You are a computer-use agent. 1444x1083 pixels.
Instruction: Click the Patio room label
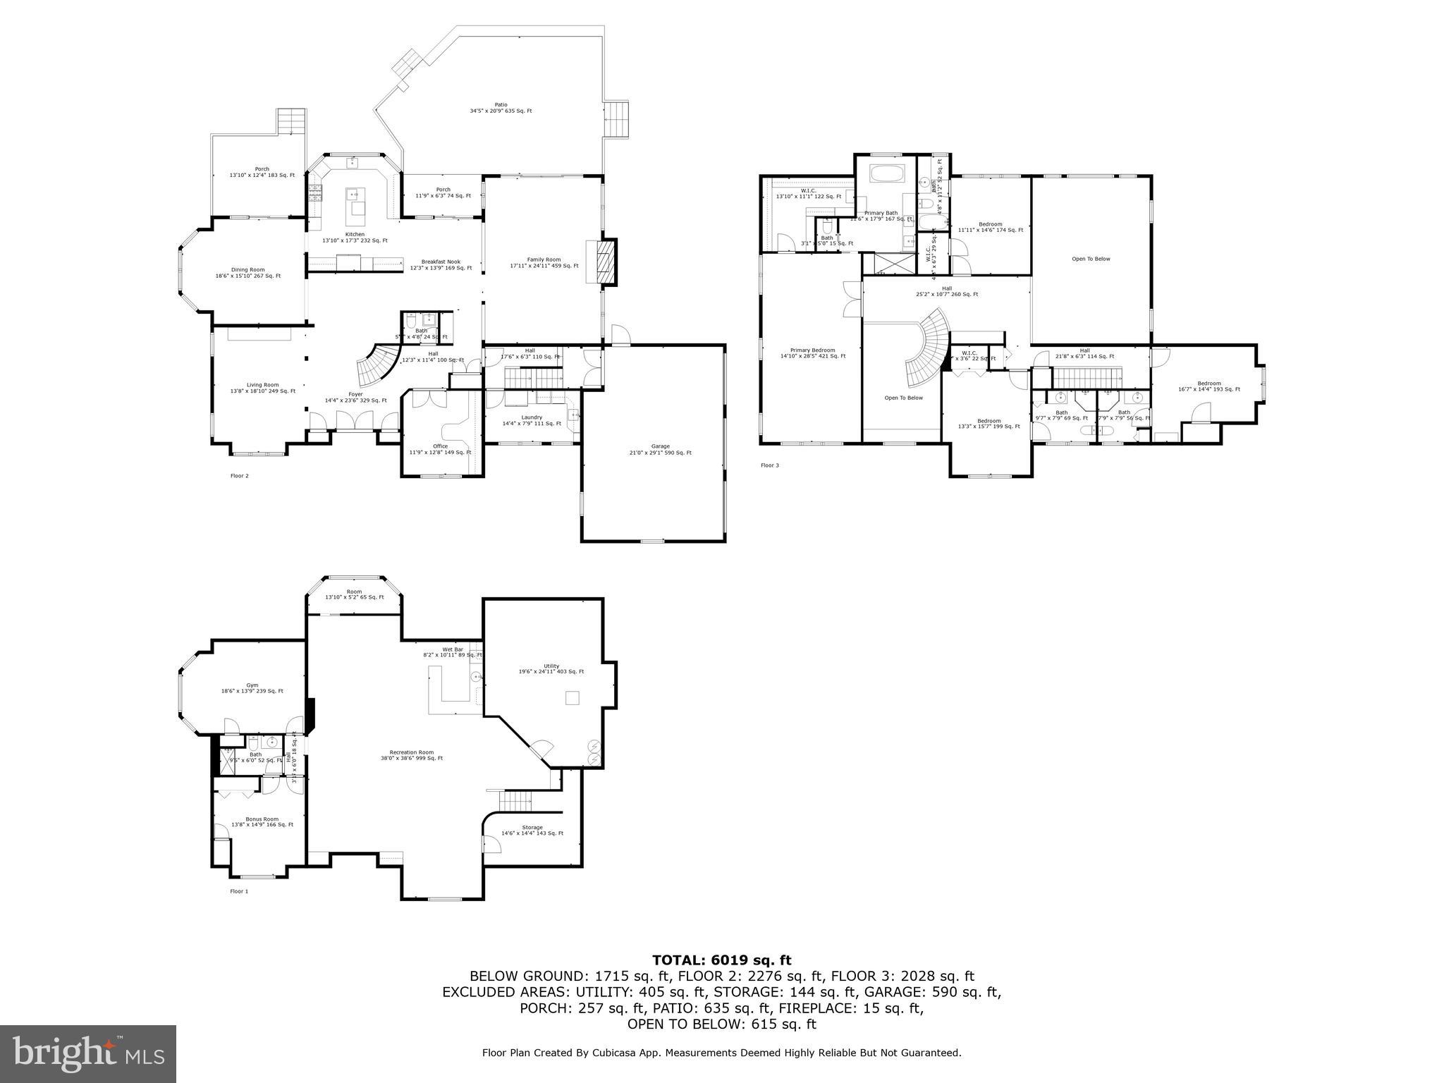pyautogui.click(x=501, y=108)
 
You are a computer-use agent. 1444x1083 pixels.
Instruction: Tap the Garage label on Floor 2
pyautogui.click(x=660, y=449)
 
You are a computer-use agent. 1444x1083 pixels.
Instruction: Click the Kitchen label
pyautogui.click(x=355, y=238)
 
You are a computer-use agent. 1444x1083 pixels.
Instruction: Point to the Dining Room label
pyautogui.click(x=247, y=273)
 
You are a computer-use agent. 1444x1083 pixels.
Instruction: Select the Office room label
pyautogui.click(x=440, y=449)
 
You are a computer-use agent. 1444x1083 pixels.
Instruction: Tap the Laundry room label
pyautogui.click(x=532, y=420)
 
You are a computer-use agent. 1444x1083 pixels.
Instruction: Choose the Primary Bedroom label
pyautogui.click(x=812, y=353)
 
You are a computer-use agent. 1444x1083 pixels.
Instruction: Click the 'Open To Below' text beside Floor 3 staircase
pyautogui.click(x=903, y=398)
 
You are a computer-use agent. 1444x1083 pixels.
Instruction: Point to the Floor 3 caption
pyautogui.click(x=769, y=465)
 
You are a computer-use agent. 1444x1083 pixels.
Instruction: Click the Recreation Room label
pyautogui.click(x=412, y=755)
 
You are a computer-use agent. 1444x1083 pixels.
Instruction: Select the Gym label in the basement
pyautogui.click(x=252, y=688)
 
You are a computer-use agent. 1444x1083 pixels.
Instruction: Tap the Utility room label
pyautogui.click(x=551, y=668)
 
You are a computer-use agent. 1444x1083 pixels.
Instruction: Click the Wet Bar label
pyautogui.click(x=453, y=652)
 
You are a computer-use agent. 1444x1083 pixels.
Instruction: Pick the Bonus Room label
pyautogui.click(x=262, y=821)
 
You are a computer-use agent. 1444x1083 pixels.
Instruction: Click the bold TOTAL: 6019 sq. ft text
pyautogui.click(x=721, y=960)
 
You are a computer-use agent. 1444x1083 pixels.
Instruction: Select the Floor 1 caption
pyautogui.click(x=239, y=891)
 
